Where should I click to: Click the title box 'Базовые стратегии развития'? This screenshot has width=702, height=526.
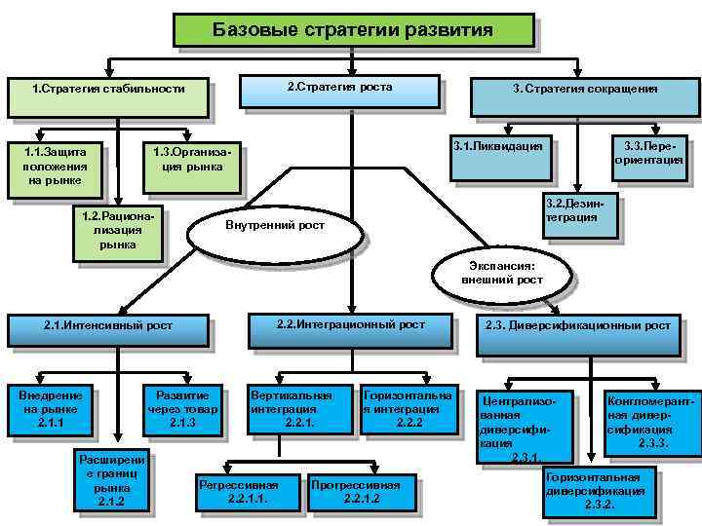pos(352,30)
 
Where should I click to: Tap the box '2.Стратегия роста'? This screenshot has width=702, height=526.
pos(339,89)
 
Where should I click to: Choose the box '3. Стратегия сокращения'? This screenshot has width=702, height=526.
pos(584,90)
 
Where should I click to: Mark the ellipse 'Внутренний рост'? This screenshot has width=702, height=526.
pos(275,226)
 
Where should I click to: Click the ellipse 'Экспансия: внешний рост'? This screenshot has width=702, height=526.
pos(502,272)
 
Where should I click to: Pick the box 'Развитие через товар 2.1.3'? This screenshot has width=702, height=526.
pos(182,409)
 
